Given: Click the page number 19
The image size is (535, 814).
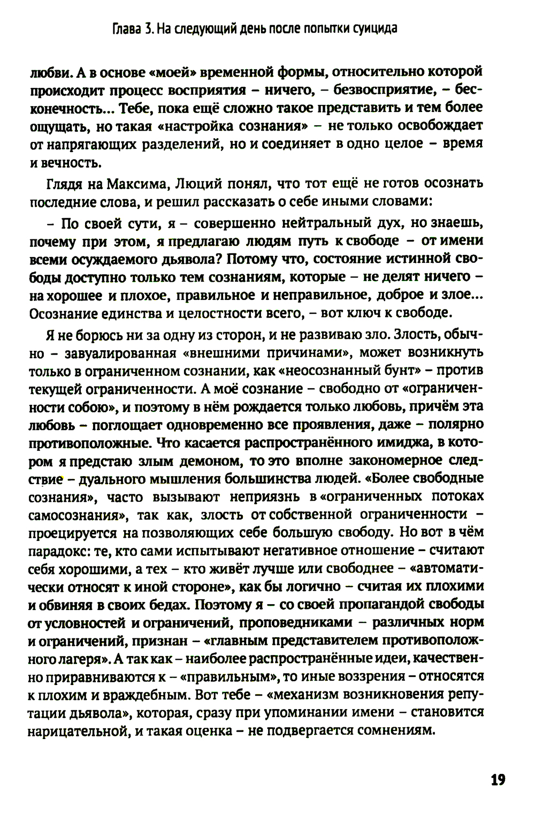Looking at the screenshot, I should pos(498,780).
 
